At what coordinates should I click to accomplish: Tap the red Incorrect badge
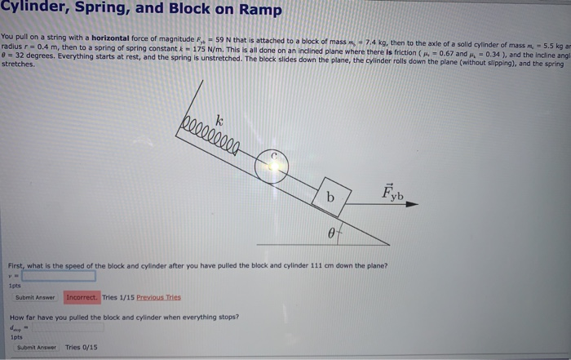pos(82,298)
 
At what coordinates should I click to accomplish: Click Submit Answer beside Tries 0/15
pos(36,347)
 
